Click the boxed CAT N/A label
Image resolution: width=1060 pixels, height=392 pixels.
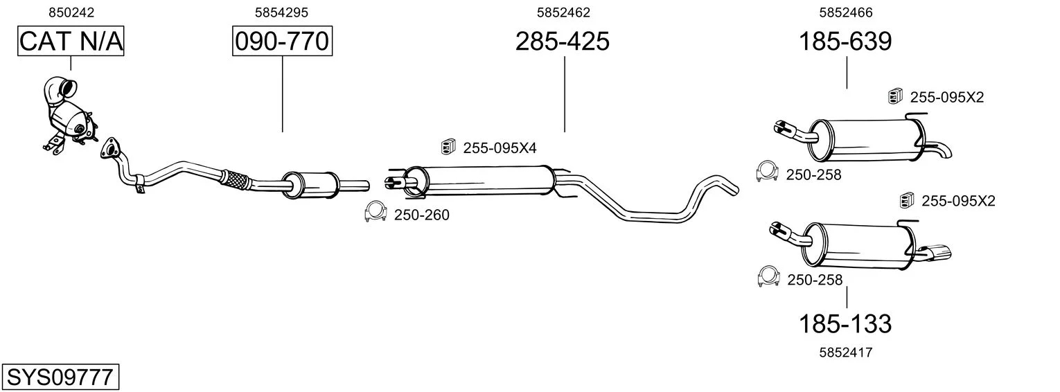click(71, 41)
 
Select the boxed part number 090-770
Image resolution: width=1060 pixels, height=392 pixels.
click(282, 41)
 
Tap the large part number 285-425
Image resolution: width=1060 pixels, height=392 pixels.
click(562, 41)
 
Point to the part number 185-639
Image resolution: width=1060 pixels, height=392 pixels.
click(845, 41)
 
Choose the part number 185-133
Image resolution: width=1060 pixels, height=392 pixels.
click(845, 324)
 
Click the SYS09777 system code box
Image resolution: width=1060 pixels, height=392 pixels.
click(60, 377)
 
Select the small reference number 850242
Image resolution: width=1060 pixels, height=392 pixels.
click(71, 12)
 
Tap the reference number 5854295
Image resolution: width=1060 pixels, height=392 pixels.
click(281, 12)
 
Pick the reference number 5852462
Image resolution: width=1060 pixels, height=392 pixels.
click(563, 12)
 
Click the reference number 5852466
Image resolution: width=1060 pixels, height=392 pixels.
click(846, 12)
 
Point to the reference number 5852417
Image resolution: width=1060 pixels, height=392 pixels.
click(846, 353)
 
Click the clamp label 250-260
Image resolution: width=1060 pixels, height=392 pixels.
click(422, 215)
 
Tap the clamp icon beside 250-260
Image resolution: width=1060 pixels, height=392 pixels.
click(376, 211)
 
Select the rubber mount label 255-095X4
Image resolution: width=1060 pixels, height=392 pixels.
click(500, 148)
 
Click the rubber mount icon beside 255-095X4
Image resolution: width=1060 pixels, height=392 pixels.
click(447, 147)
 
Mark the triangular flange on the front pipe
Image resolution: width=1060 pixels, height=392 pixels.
click(111, 147)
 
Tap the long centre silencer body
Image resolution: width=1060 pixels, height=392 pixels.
click(483, 181)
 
